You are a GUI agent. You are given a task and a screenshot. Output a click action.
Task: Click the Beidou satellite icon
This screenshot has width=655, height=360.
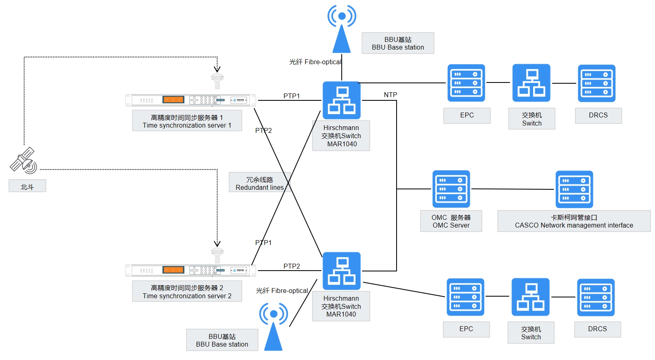click(24, 160)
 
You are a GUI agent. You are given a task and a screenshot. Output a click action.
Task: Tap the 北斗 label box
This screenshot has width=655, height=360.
click(27, 186)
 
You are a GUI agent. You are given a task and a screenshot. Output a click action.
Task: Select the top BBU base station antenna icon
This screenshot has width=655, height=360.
click(342, 29)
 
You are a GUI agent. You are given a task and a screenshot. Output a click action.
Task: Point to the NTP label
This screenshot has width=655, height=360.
click(390, 95)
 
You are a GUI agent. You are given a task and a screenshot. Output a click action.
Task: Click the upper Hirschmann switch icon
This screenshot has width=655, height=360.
click(341, 100)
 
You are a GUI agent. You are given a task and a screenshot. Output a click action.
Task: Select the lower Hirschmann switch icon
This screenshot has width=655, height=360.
click(341, 271)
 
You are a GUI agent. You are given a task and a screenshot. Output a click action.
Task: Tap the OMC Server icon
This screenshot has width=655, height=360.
click(451, 189)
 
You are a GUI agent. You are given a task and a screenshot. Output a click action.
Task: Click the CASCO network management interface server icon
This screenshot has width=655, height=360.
click(574, 189)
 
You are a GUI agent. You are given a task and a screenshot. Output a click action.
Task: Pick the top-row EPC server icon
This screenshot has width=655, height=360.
click(466, 83)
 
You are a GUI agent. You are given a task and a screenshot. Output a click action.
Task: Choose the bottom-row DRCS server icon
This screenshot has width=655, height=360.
click(596, 297)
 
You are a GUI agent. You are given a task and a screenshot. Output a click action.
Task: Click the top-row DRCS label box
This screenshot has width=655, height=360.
click(598, 115)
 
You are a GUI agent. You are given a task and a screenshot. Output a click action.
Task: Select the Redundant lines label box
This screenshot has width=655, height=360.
click(259, 183)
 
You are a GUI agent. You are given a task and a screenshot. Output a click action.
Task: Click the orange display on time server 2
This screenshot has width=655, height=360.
click(173, 270)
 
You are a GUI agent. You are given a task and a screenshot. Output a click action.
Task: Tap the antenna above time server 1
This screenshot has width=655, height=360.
click(217, 80)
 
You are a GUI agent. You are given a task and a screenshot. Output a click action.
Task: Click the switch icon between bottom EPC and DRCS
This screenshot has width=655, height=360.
click(530, 297)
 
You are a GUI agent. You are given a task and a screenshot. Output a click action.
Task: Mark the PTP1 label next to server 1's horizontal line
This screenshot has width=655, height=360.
click(291, 96)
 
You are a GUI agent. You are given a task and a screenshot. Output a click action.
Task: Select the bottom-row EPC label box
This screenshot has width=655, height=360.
click(466, 329)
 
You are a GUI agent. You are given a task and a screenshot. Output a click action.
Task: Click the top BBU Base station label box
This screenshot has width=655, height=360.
click(398, 43)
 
